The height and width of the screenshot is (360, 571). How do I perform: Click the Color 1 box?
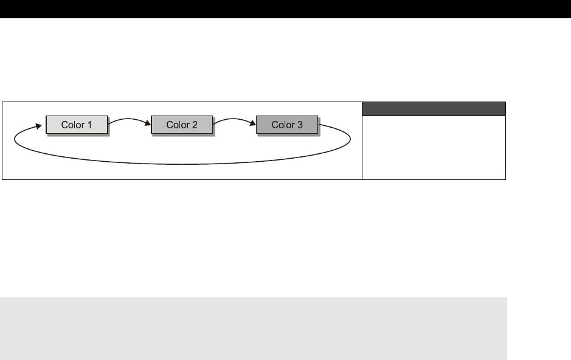(x=77, y=125)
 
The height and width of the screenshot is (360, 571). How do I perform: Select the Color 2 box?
(x=181, y=125)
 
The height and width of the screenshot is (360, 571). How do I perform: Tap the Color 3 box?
(x=286, y=125)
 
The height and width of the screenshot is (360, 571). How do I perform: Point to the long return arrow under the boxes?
(x=182, y=164)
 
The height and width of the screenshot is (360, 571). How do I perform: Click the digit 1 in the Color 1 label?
(x=89, y=125)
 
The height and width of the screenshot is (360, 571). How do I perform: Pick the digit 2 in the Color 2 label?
(x=195, y=125)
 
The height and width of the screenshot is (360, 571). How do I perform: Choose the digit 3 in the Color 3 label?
(x=300, y=125)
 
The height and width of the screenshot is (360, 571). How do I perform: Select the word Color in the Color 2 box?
(x=178, y=125)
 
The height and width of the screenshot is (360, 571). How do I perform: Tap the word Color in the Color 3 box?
(x=282, y=125)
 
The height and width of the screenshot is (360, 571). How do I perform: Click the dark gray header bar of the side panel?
(x=434, y=109)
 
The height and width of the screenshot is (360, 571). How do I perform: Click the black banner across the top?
(x=285, y=9)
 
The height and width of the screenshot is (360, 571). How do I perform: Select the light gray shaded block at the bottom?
(x=253, y=328)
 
